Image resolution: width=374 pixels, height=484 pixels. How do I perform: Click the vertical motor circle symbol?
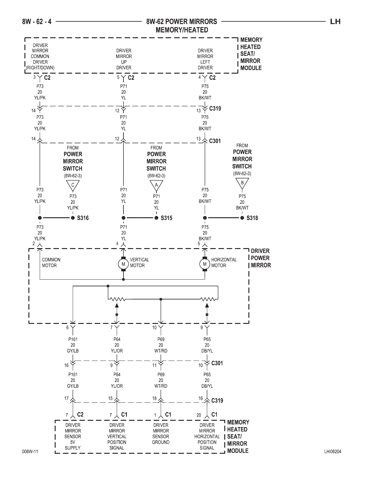[123, 264]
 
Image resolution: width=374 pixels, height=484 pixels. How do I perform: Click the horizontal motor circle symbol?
[205, 264]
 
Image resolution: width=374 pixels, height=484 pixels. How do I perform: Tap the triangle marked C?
[73, 185]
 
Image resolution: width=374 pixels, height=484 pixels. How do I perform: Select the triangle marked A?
[156, 185]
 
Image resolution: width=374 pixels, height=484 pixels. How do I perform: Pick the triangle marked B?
[242, 183]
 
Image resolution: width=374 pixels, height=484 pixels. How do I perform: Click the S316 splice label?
[83, 218]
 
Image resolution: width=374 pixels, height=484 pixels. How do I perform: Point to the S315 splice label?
[167, 218]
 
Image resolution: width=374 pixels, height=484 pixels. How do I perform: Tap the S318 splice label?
[252, 218]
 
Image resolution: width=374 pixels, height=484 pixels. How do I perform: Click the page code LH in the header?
[335, 21]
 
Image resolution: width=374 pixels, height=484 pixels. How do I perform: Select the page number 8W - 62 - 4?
[37, 21]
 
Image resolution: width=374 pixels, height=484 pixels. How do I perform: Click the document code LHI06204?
[333, 452]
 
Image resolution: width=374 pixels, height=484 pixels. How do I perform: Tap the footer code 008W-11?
[30, 452]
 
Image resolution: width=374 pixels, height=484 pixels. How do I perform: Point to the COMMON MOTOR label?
[51, 262]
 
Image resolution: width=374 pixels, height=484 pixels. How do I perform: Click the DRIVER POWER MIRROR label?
[261, 258]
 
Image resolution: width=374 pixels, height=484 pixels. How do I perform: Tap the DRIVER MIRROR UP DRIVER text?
[124, 59]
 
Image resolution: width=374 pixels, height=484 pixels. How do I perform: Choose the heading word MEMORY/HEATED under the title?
[182, 30]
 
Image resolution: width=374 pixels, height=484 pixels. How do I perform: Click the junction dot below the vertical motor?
[123, 279]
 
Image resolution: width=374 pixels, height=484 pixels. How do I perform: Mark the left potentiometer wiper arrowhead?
[116, 305]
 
